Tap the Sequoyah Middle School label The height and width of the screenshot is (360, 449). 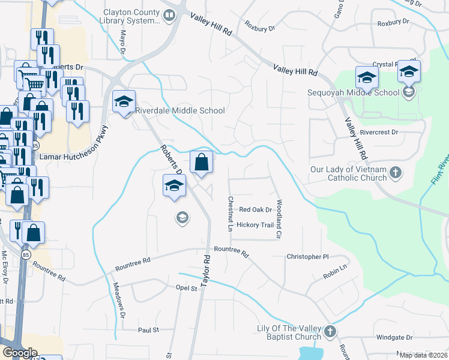tap(353, 92)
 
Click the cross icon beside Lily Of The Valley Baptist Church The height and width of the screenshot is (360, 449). tap(330, 332)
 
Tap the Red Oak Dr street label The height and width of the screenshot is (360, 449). tap(256, 210)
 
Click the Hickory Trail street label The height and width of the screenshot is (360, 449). tap(255, 225)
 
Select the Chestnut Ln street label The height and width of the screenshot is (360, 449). tap(230, 214)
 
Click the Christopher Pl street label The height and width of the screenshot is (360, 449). tap(308, 257)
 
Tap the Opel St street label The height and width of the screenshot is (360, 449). tap(186, 289)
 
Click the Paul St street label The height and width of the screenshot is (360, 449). tap(148, 330)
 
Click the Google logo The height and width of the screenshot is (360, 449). tap(20, 353)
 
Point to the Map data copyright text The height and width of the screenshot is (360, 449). tap(423, 355)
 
